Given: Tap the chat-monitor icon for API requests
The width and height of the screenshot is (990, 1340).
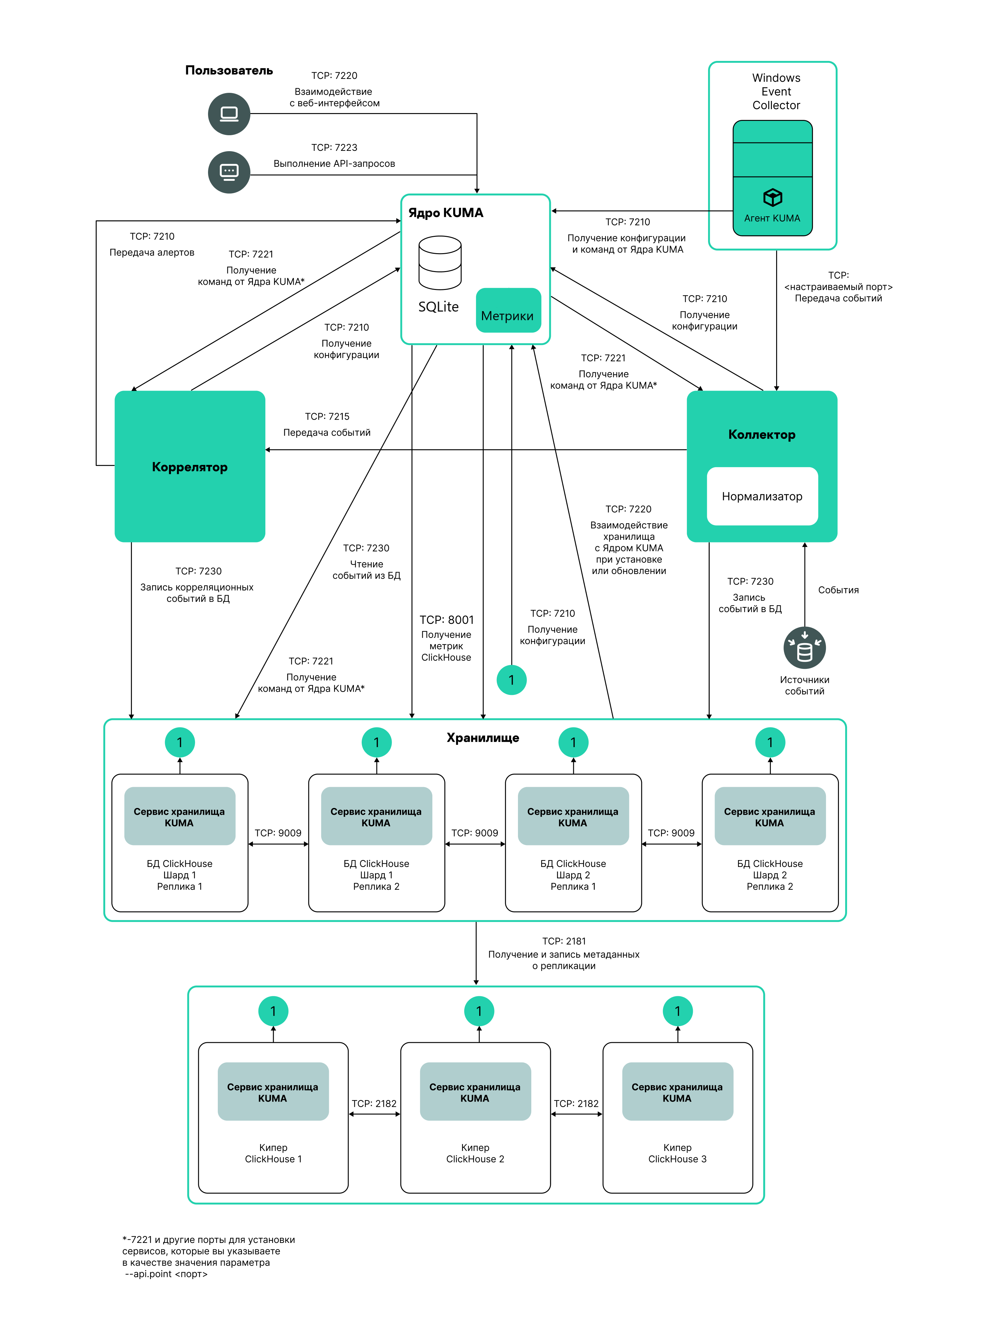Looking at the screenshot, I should click(x=229, y=172).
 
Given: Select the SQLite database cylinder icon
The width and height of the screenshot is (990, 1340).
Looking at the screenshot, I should click(x=440, y=263).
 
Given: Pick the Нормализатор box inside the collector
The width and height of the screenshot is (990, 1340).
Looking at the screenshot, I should click(x=762, y=497).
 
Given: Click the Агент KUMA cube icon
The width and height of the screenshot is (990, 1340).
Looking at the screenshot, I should click(x=773, y=197).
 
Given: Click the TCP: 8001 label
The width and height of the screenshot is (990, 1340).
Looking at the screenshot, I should click(x=446, y=620).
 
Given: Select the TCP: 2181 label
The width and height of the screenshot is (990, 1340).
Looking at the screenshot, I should click(x=564, y=941).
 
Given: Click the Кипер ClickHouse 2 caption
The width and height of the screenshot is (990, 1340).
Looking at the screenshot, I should click(x=475, y=1154).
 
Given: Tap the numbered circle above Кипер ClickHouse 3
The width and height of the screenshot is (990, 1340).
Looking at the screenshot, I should click(x=678, y=1012).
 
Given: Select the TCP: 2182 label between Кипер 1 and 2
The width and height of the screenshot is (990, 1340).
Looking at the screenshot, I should click(x=374, y=1104).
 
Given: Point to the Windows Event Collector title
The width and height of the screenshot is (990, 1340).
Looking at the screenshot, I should click(x=776, y=92).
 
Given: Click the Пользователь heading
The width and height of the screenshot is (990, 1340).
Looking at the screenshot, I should click(x=229, y=71).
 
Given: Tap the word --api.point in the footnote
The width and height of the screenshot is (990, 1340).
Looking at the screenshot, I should click(x=149, y=1274).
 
